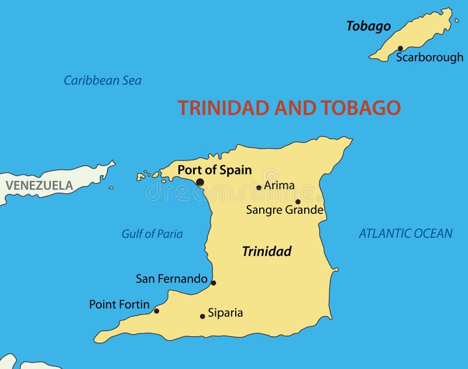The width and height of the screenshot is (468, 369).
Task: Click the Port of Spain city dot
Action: (x=200, y=182)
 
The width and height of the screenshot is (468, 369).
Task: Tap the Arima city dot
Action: (x=259, y=187)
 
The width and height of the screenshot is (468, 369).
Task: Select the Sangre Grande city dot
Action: (x=298, y=201)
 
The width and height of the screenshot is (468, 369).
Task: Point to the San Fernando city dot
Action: (x=214, y=283)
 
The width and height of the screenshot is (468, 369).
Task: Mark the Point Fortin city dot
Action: (x=156, y=311)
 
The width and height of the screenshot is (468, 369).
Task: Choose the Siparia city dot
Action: (x=202, y=316)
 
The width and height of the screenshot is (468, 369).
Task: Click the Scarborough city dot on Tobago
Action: (x=400, y=49)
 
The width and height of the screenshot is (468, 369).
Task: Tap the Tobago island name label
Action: (x=368, y=26)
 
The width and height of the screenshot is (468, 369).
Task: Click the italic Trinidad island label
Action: (x=267, y=251)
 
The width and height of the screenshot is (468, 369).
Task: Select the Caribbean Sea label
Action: (x=102, y=81)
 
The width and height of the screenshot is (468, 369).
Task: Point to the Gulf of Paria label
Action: (x=152, y=234)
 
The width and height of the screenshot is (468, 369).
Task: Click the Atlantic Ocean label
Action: (x=405, y=234)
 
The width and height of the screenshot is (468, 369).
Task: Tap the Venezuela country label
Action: (x=39, y=186)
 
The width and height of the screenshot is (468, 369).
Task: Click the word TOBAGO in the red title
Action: (x=360, y=108)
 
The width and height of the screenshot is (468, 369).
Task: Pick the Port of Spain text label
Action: (x=215, y=170)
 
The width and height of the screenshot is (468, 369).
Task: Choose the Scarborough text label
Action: (x=429, y=57)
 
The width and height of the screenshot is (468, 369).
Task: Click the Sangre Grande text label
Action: (x=285, y=210)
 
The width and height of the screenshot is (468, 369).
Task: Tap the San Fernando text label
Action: (x=171, y=279)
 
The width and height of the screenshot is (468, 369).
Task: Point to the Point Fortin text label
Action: (x=119, y=305)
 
